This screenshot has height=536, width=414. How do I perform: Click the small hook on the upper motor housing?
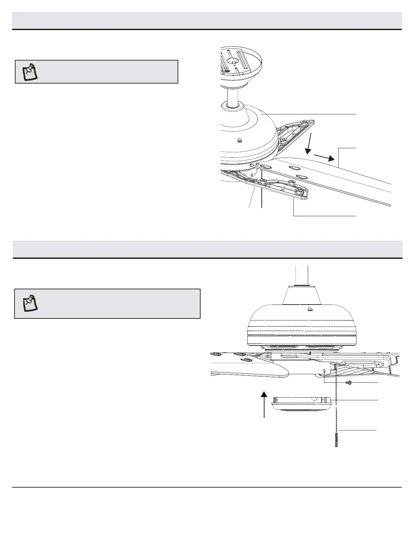pyautogui.click(x=240, y=140)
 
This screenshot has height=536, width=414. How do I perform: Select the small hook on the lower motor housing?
pyautogui.click(x=309, y=309)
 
